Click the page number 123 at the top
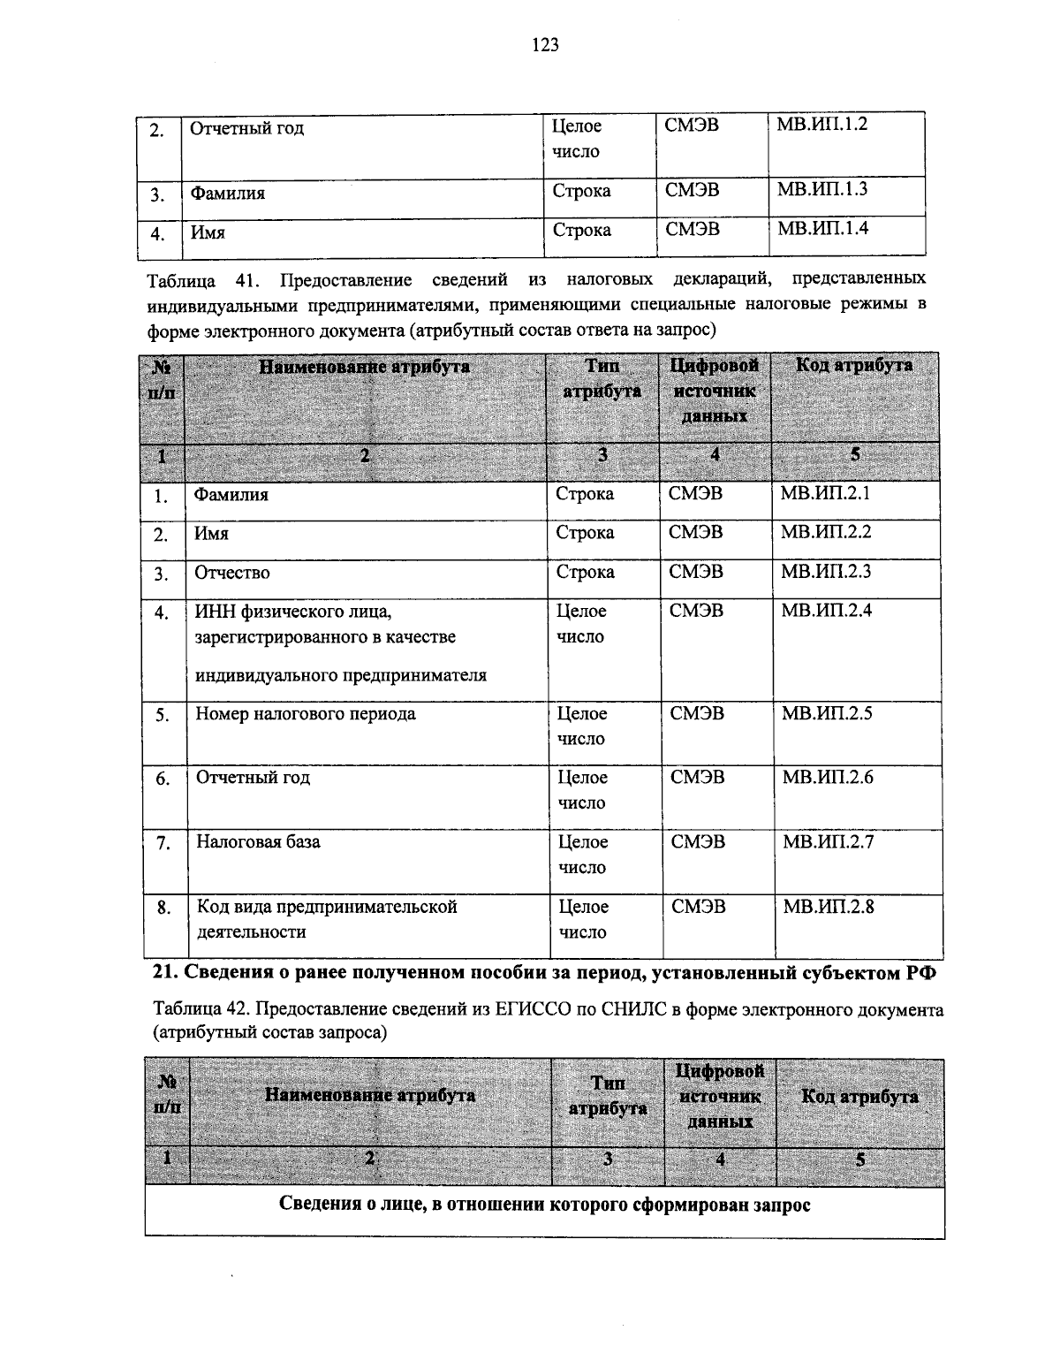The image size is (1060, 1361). click(545, 45)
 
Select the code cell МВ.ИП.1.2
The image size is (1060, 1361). click(821, 125)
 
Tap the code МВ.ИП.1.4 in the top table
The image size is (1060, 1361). click(822, 229)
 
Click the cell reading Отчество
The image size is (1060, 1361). click(232, 573)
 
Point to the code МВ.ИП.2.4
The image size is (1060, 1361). click(826, 610)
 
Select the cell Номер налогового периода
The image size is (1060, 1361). click(306, 714)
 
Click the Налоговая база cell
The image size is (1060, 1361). click(258, 842)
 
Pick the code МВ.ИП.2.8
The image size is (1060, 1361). click(828, 906)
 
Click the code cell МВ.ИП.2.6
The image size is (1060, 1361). click(828, 778)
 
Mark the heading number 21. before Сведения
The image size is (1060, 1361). click(166, 973)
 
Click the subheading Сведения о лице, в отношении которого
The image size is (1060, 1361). click(545, 1205)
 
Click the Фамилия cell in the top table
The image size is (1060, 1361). click(228, 194)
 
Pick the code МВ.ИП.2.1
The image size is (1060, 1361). click(825, 493)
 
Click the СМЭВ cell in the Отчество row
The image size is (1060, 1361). click(695, 573)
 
